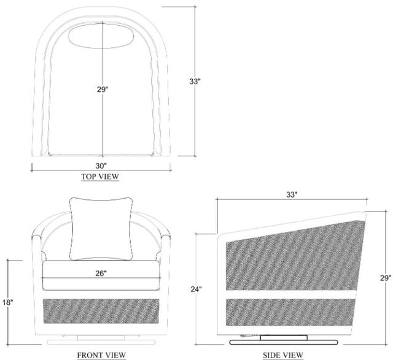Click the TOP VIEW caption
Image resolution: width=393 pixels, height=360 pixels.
coord(99,177)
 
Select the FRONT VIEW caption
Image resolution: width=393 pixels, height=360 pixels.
coord(101,354)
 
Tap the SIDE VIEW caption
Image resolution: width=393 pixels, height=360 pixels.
coord(283,354)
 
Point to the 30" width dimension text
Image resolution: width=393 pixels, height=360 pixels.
coord(101,166)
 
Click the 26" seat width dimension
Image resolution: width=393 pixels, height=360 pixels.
coord(101,274)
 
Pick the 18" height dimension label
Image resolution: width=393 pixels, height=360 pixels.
coord(8,302)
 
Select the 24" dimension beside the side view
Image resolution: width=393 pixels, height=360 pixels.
coord(196,289)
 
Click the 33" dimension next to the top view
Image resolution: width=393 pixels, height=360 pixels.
coord(195,82)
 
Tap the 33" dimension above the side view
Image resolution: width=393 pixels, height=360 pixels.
coord(292,194)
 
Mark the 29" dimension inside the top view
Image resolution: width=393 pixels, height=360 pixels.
coord(103,90)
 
